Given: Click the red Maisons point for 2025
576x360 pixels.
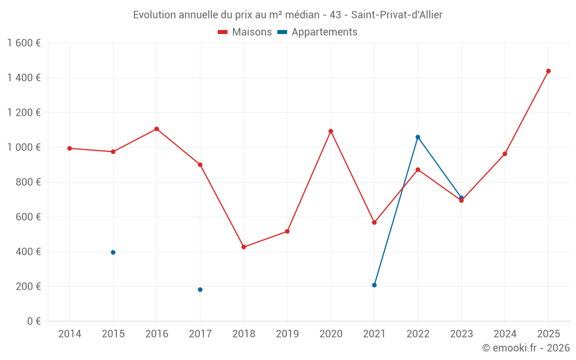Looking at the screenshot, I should (x=548, y=71).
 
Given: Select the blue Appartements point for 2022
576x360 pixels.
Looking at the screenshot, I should (x=418, y=137).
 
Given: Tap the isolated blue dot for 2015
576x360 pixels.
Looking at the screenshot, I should (x=113, y=252).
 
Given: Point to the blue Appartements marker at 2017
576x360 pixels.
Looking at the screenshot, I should (x=200, y=290).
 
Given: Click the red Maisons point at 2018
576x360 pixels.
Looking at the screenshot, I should (x=244, y=247).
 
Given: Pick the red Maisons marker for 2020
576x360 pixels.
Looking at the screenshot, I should (x=331, y=131).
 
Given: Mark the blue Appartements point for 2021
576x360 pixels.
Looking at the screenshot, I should (x=374, y=285).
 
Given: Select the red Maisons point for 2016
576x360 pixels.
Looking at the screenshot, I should (x=157, y=129).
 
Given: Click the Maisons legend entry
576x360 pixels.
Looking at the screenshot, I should (x=245, y=32).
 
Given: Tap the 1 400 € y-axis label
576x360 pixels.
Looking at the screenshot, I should (x=24, y=78).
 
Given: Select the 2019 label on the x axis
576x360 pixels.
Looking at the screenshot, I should (x=287, y=334).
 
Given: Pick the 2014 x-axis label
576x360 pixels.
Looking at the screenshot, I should (x=70, y=334).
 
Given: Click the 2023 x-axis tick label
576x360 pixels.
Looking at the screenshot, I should (x=461, y=334).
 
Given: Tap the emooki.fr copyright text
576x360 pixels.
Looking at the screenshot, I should (x=525, y=348).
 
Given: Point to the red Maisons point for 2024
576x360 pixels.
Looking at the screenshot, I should (x=505, y=154).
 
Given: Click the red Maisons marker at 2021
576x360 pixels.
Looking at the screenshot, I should (x=374, y=222).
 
